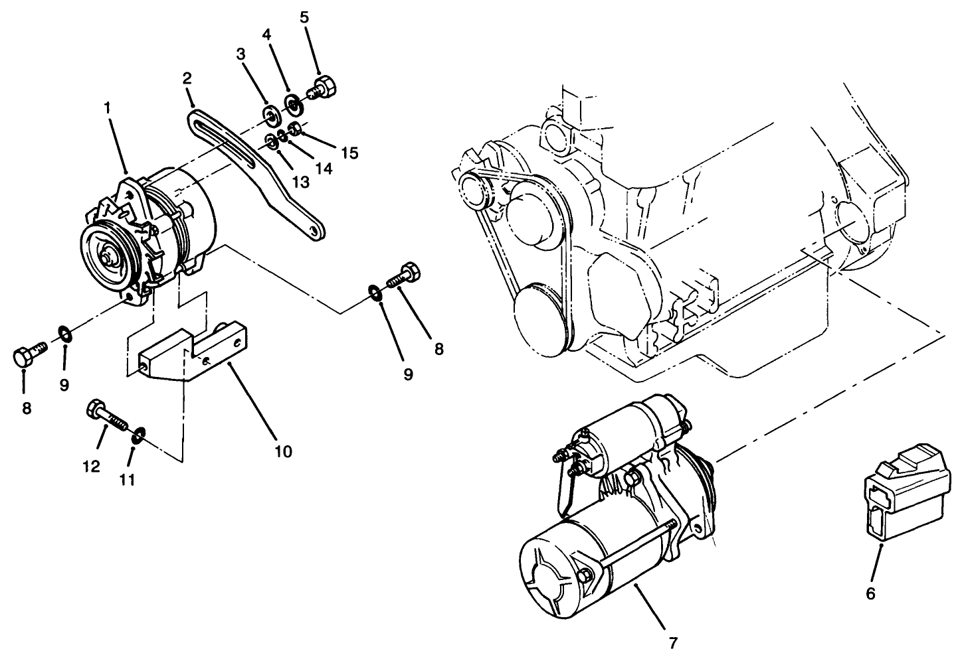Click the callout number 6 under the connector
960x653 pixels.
[870, 593]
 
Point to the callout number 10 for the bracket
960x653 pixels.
[283, 452]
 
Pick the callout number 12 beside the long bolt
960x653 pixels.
[92, 466]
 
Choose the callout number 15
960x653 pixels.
[349, 153]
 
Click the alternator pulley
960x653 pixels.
[108, 254]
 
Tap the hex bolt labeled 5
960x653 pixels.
[324, 88]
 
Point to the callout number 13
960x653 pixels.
[300, 181]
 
